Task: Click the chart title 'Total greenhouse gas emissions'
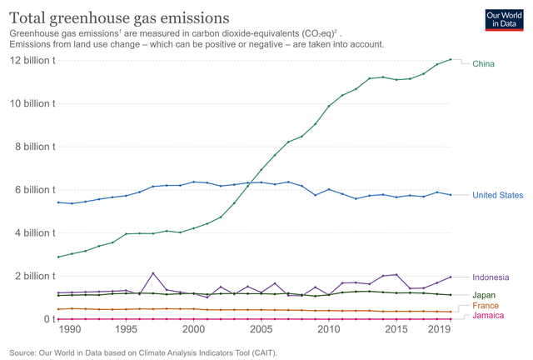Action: pos(120,17)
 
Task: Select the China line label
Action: pos(483,64)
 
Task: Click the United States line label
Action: pos(497,196)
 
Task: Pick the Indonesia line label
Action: pos(491,277)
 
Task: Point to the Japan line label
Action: pos(485,296)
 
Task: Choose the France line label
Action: pos(486,306)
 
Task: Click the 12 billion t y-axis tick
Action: pos(32,61)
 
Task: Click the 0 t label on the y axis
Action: pos(48,319)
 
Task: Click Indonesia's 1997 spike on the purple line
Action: pos(153,273)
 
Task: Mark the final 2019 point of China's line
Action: pos(451,59)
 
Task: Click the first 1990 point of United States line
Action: pos(58,202)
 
